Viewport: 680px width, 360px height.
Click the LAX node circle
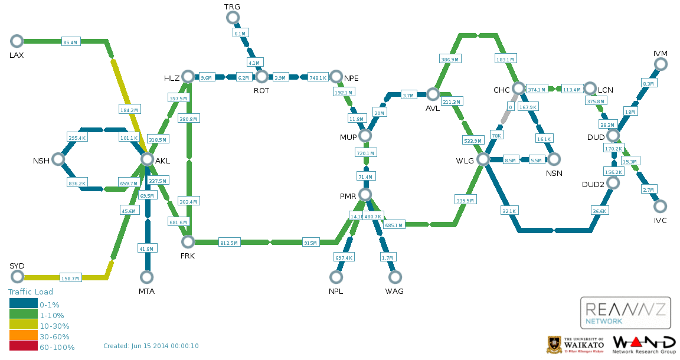click(17, 41)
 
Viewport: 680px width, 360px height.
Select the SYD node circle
click(17, 277)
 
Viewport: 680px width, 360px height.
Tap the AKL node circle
click(147, 159)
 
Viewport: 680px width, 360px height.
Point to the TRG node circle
click(233, 18)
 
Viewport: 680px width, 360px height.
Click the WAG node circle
click(395, 277)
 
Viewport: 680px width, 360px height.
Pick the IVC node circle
click(661, 206)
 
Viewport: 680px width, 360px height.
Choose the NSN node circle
click(554, 159)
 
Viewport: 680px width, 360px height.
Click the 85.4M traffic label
click(70, 42)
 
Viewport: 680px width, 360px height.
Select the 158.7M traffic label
click(70, 278)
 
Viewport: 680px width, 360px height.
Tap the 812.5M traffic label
click(229, 243)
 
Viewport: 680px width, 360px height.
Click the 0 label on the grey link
click(511, 107)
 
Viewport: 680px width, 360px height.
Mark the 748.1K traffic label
click(318, 77)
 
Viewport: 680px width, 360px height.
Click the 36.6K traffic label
click(599, 211)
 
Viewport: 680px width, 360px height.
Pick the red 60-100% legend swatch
click(23, 347)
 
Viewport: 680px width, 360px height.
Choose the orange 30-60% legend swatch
click(23, 336)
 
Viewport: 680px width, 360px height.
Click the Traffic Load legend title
click(31, 292)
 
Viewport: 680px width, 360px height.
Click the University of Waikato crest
click(554, 345)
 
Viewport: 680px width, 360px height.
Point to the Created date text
click(151, 346)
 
